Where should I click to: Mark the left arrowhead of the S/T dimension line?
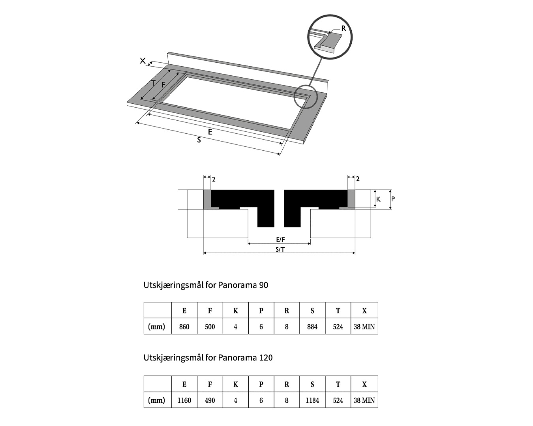pyautogui.click(x=204, y=253)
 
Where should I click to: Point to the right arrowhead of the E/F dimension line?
pyautogui.click(x=310, y=244)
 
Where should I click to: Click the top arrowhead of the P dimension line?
pyautogui.click(x=390, y=191)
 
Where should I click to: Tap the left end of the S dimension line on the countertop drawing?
pyautogui.click(x=137, y=122)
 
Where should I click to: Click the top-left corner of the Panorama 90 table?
pyautogui.click(x=144, y=302)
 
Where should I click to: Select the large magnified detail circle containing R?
pyautogui.click(x=330, y=37)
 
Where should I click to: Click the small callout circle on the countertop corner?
pyautogui.click(x=305, y=97)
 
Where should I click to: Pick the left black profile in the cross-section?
pyautogui.click(x=243, y=208)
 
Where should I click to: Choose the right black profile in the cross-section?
pyautogui.click(x=316, y=208)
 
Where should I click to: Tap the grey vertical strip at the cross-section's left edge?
pyautogui.click(x=207, y=199)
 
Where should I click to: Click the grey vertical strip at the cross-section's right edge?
pyautogui.click(x=351, y=199)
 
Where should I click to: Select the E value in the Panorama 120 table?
pyautogui.click(x=184, y=400)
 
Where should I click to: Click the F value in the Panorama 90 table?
pyautogui.click(x=210, y=327)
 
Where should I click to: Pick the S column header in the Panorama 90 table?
pyautogui.click(x=312, y=310)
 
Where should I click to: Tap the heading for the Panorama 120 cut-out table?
pyautogui.click(x=208, y=357)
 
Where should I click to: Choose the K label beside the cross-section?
pyautogui.click(x=378, y=199)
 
